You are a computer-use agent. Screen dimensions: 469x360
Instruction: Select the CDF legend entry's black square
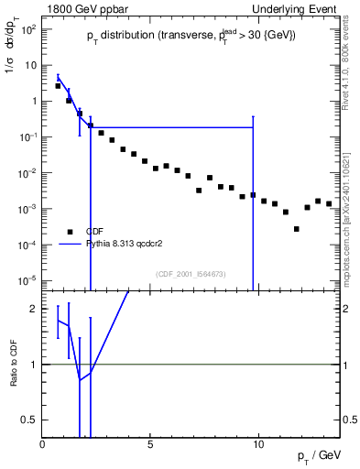69,232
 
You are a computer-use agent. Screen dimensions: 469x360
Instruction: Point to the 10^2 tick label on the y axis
28,29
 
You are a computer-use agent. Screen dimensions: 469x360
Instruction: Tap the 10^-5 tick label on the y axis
28,280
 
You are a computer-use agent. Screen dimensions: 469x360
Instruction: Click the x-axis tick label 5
150,443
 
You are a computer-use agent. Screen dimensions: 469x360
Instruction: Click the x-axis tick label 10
258,443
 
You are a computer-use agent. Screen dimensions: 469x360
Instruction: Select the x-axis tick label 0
43,443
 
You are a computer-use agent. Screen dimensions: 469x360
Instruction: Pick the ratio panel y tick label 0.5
30,420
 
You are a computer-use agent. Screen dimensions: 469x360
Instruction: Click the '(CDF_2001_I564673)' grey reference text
190,274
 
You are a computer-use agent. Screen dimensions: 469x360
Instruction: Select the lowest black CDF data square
297,229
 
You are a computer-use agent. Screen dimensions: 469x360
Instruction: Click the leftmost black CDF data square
58,85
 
